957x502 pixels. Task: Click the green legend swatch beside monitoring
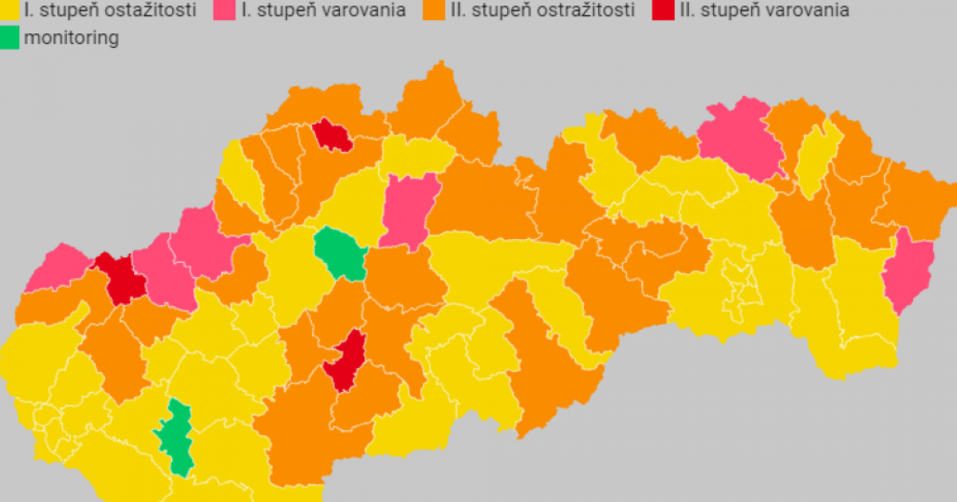point(10,37)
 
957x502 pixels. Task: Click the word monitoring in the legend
point(71,37)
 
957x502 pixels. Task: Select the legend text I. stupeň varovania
point(323,10)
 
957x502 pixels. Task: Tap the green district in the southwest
point(178,438)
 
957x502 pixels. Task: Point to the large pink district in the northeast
point(742,139)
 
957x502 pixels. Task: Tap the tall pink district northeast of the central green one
point(408,210)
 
